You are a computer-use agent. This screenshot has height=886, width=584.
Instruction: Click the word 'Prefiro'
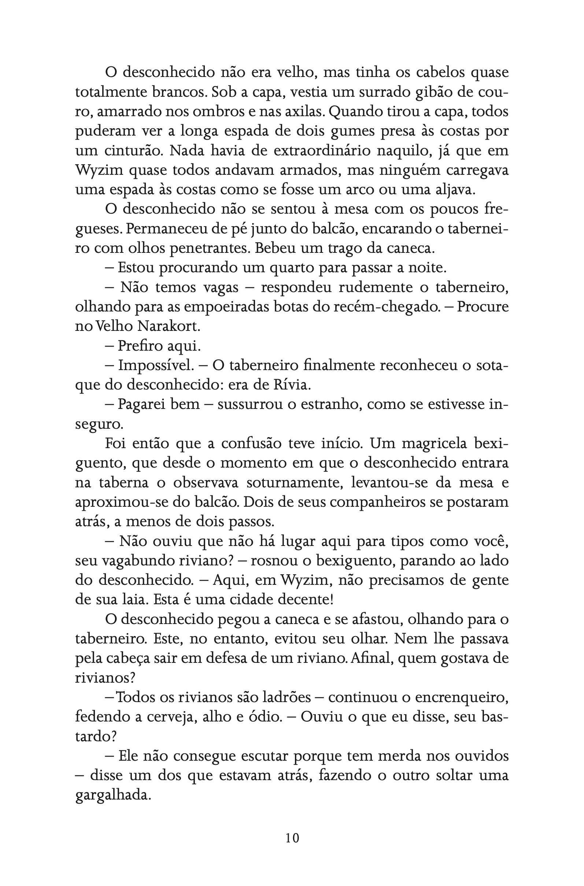(x=140, y=346)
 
